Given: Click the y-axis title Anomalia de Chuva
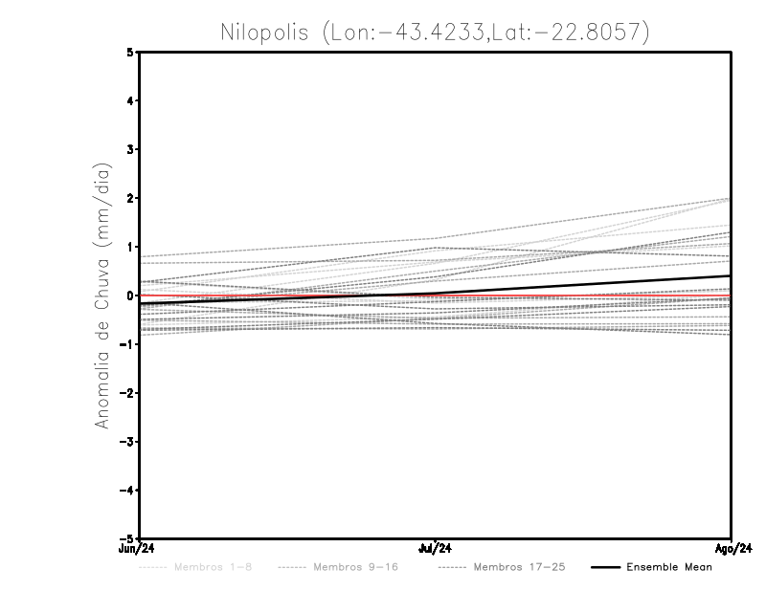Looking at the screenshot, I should pyautogui.click(x=101, y=295).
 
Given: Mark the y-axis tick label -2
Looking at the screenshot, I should pyautogui.click(x=128, y=393).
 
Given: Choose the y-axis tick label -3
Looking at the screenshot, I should pyautogui.click(x=128, y=442).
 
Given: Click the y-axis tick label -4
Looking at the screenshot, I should pyautogui.click(x=128, y=491).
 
